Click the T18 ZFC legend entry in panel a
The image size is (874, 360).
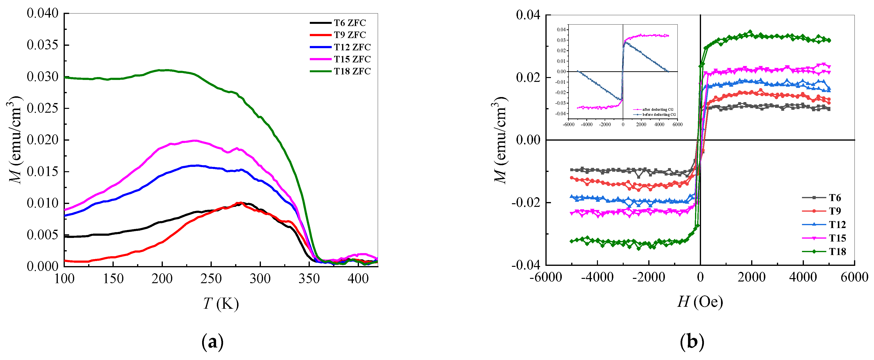pyautogui.click(x=352, y=71)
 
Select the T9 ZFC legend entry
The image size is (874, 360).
pyautogui.click(x=350, y=35)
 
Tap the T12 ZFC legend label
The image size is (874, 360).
pyautogui.click(x=352, y=47)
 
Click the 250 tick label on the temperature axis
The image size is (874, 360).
pyautogui.click(x=211, y=279)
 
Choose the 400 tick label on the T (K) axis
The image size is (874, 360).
pyautogui.click(x=358, y=279)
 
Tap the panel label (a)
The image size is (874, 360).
pyautogui.click(x=212, y=342)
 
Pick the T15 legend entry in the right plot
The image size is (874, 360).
pyautogui.click(x=837, y=238)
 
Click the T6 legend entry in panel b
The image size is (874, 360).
pyautogui.click(x=835, y=198)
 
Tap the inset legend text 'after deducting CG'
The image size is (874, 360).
pyautogui.click(x=657, y=110)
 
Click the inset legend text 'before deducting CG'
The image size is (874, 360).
pyautogui.click(x=659, y=115)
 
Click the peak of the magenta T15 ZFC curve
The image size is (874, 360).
pyautogui.click(x=194, y=140)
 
